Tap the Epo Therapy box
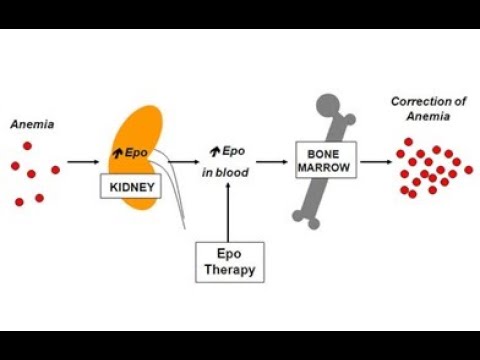tap(230, 262)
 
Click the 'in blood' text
tap(225, 172)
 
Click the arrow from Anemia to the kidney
tap(84, 160)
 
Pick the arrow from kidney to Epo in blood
tap(182, 160)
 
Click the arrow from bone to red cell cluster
tap(376, 160)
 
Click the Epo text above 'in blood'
tap(233, 152)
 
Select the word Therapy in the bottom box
tap(230, 270)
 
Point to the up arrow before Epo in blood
tap(214, 152)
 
